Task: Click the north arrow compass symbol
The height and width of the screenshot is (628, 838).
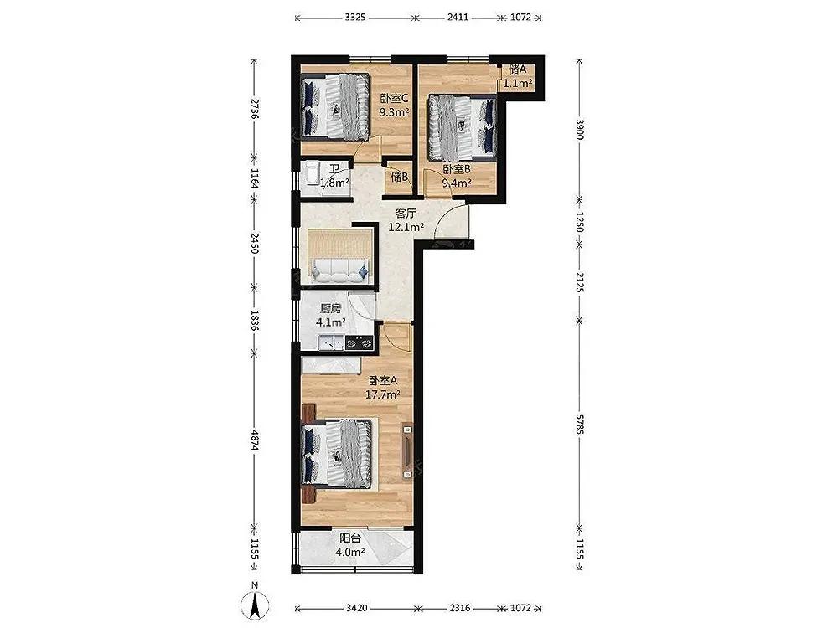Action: (255, 604)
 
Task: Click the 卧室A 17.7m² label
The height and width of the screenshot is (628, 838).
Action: (383, 388)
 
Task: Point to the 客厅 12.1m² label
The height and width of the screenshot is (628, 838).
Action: (406, 220)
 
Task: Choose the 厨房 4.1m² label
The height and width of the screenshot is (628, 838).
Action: (330, 315)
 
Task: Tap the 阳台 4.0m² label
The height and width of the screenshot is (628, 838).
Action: (350, 545)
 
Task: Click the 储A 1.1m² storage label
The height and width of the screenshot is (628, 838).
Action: (518, 76)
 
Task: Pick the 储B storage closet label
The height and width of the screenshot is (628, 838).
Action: (399, 177)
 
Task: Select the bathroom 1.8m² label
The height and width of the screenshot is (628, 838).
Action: (334, 176)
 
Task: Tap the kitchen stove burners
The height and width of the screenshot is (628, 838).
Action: (359, 342)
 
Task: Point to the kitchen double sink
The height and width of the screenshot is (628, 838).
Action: (331, 342)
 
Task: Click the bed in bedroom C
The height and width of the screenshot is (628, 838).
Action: (335, 106)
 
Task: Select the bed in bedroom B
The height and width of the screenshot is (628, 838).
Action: (463, 127)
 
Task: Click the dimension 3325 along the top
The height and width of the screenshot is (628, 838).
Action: (354, 17)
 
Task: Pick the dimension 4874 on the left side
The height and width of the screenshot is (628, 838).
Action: (255, 441)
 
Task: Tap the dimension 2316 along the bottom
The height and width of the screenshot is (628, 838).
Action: (459, 608)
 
